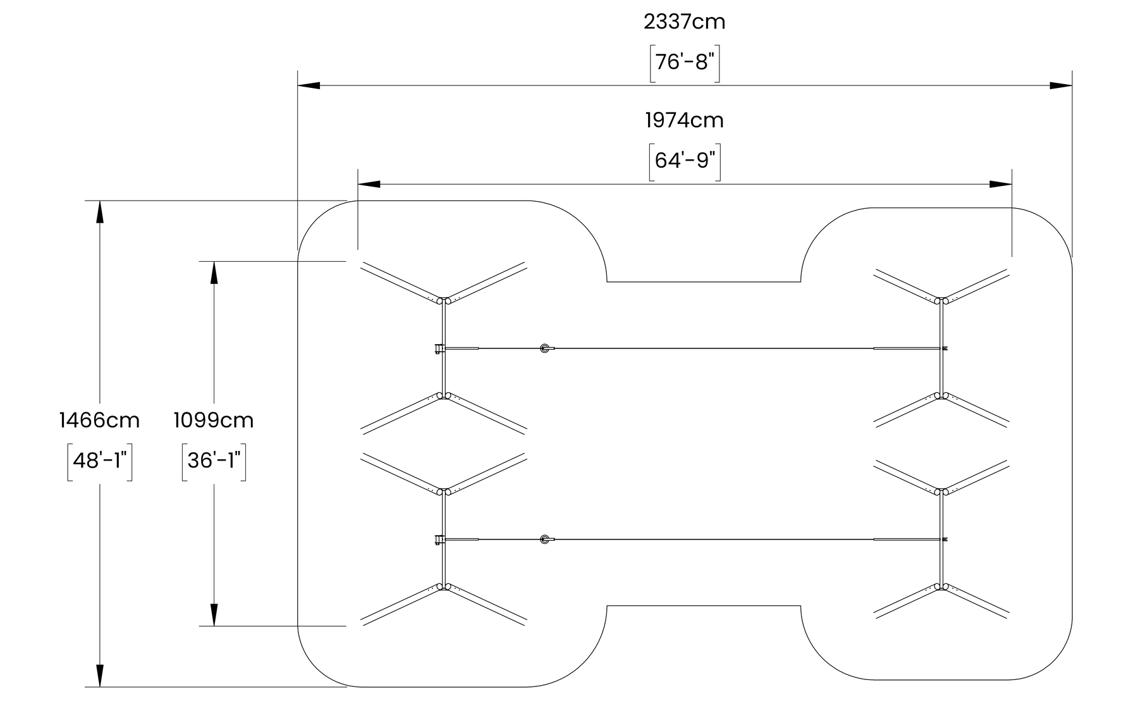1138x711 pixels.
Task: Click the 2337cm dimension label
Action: (685, 22)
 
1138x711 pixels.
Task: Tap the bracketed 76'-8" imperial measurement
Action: (685, 63)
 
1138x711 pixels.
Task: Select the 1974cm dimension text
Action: (685, 120)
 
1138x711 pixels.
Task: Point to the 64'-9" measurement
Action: (685, 161)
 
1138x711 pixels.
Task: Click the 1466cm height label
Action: (99, 420)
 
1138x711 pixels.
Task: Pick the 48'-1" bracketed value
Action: (99, 461)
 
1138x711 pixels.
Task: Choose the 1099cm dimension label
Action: (214, 420)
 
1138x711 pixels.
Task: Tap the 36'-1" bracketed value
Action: (214, 461)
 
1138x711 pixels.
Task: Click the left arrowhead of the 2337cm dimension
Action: (309, 85)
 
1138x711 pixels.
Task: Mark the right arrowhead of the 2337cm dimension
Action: (1062, 85)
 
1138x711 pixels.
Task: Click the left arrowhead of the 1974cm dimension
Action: (369, 184)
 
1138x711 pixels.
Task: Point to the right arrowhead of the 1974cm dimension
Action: (1001, 184)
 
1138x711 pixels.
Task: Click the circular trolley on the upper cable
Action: (544, 348)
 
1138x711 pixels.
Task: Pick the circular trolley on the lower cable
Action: (544, 539)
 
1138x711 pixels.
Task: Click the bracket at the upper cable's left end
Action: (438, 348)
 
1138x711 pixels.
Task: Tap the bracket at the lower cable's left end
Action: (438, 539)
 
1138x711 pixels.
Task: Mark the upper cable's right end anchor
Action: (945, 348)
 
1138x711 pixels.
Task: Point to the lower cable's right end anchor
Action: (945, 539)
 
